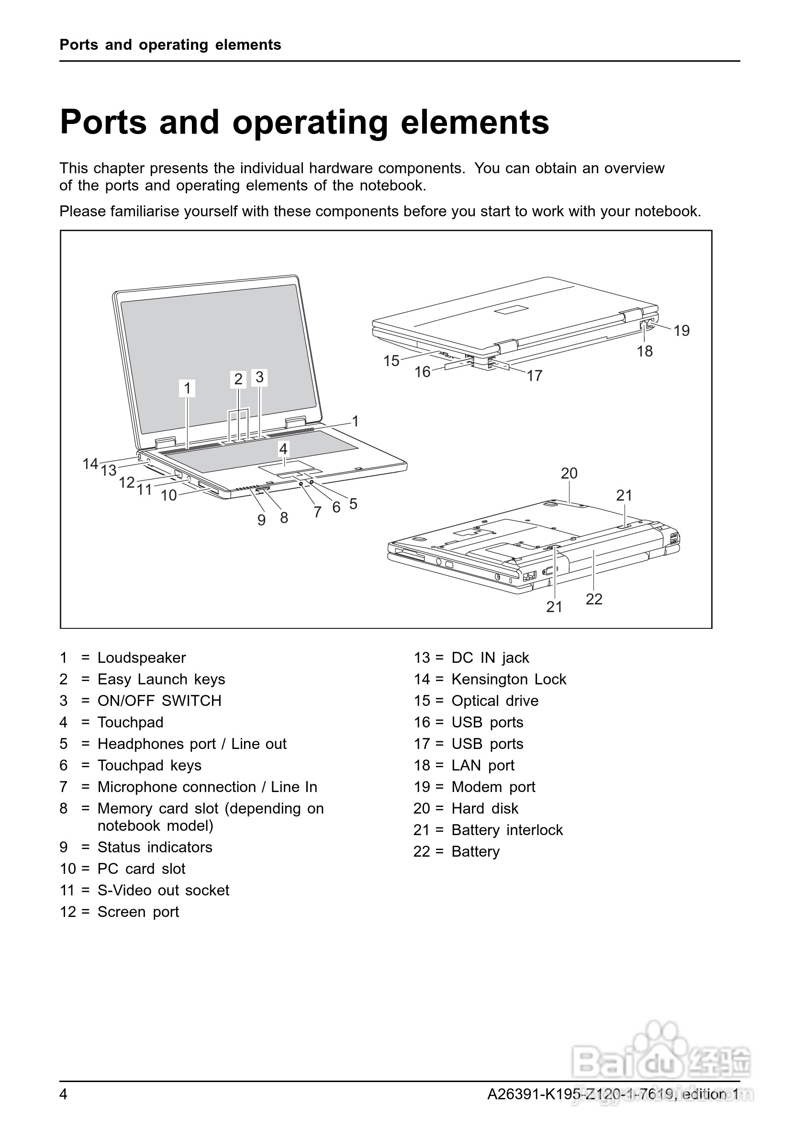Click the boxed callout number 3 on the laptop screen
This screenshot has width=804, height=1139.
pos(259,377)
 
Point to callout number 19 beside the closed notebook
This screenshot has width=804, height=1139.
pos(681,330)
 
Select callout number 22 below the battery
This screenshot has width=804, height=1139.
pos(594,599)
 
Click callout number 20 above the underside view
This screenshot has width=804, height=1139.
pos(569,473)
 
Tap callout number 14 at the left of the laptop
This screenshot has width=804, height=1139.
pos(90,463)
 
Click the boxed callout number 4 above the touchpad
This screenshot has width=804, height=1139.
pos(283,449)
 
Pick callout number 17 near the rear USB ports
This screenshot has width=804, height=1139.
pos(534,376)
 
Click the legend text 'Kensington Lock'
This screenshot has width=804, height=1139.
pos(508,679)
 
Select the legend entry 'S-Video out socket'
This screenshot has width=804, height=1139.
pos(163,890)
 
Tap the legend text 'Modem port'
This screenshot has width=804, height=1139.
pos(493,787)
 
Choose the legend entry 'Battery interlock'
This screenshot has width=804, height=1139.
pos(507,830)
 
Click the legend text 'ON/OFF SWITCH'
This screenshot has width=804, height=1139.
pos(159,701)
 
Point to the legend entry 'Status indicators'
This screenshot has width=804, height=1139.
pos(155,847)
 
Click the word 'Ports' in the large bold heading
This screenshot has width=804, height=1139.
pos(103,122)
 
